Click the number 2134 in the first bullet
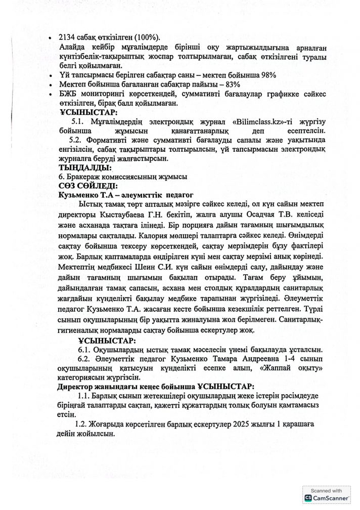68,38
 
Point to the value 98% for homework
267,75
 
